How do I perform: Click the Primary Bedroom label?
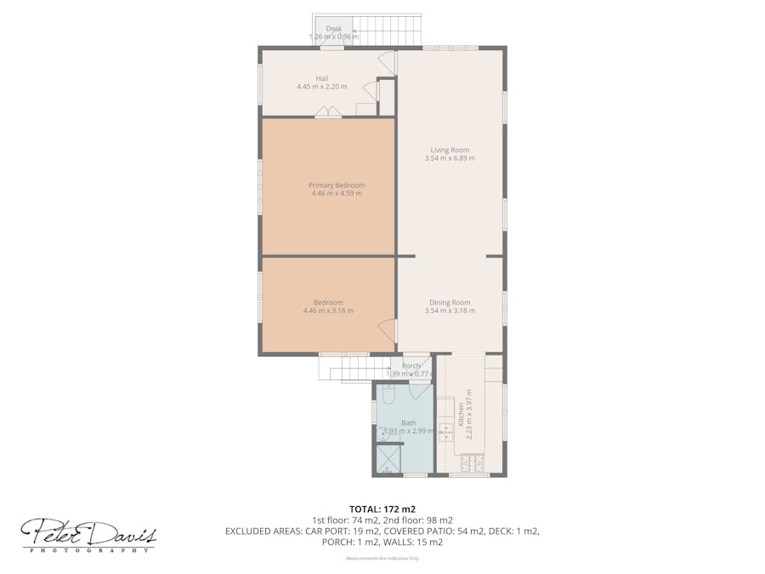click(x=336, y=185)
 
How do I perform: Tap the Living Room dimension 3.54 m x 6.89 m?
click(x=450, y=158)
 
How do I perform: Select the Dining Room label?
click(x=450, y=303)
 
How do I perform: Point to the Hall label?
click(x=321, y=78)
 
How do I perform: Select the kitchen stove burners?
click(x=470, y=463)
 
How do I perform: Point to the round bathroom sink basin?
click(x=382, y=433)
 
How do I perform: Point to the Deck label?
click(x=333, y=29)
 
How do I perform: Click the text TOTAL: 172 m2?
click(x=382, y=509)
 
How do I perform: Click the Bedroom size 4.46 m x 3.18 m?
click(x=328, y=311)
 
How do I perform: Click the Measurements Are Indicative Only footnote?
click(x=382, y=559)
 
